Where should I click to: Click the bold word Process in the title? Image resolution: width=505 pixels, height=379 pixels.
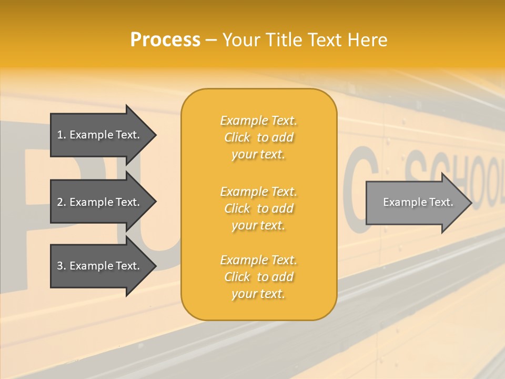tap(165, 40)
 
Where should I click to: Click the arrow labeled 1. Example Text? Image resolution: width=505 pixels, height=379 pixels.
tap(100, 135)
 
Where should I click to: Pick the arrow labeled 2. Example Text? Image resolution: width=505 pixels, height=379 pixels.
tap(100, 202)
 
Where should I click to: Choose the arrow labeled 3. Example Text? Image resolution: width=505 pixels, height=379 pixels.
tap(100, 266)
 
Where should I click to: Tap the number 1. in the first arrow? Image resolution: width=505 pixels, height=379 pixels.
tap(62, 135)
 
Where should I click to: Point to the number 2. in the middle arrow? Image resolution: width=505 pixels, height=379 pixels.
tap(62, 202)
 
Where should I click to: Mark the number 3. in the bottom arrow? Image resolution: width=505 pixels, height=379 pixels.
tap(62, 266)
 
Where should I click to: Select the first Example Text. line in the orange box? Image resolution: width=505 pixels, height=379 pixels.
tap(258, 121)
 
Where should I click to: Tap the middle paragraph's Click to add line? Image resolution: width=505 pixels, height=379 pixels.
tap(258, 209)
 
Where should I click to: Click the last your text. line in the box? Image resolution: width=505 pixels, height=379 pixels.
tap(258, 294)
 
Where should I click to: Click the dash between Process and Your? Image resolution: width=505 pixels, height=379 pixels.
tap(211, 40)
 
